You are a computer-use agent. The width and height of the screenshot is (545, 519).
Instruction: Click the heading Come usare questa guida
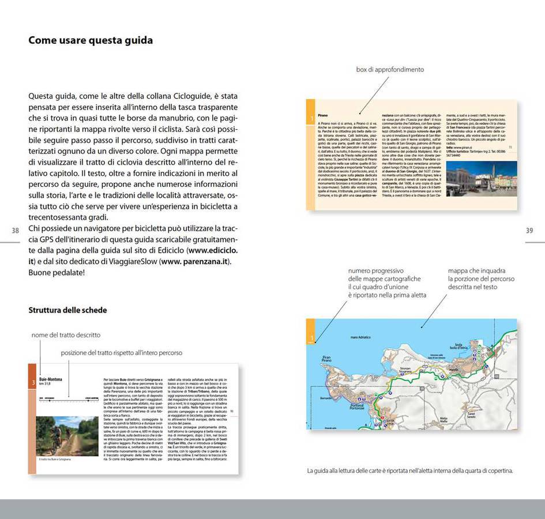(91, 40)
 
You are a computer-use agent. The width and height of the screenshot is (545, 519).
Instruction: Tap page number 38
(16, 231)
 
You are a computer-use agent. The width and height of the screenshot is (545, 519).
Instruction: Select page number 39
(529, 231)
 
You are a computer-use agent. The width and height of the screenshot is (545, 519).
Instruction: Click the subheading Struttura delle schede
(67, 310)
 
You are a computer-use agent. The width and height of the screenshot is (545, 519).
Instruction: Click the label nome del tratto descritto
(66, 334)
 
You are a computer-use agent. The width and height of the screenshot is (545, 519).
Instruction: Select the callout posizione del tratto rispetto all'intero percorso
(122, 352)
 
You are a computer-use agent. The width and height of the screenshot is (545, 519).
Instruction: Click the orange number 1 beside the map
(311, 338)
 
